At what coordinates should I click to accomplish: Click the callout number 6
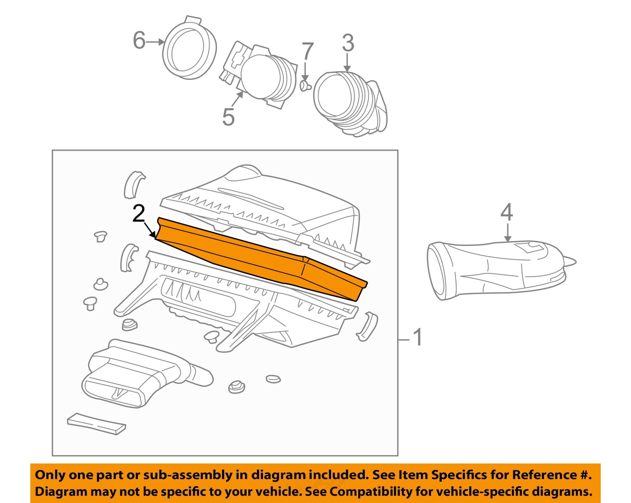pos(139,41)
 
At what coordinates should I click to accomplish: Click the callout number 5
pos(228,117)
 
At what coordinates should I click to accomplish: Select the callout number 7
pos(308,52)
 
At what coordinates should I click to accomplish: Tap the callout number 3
pos(347,43)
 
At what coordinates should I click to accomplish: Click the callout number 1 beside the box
pos(417,337)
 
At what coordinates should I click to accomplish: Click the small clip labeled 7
pos(305,86)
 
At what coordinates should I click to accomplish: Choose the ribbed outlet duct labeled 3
pos(349,103)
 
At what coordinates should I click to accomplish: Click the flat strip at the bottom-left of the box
pos(96,424)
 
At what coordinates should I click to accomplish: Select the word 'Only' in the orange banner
pos(50,475)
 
